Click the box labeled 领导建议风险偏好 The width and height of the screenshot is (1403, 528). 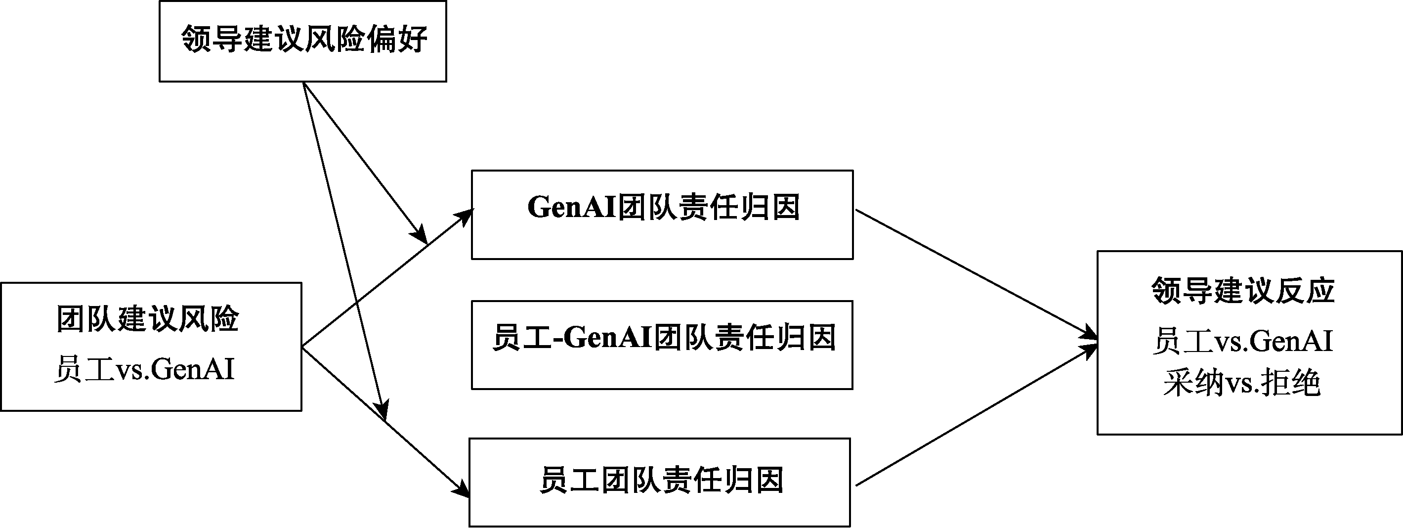click(302, 41)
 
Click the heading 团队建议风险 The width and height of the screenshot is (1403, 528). click(148, 319)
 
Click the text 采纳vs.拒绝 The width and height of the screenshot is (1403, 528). click(1242, 383)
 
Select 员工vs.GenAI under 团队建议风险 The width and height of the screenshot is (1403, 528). click(144, 369)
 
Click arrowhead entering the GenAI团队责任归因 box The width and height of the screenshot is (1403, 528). click(466, 216)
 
